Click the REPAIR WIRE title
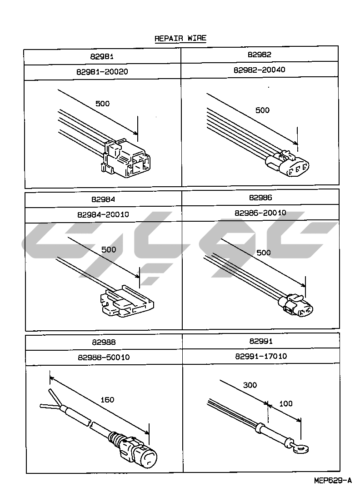pos(180,38)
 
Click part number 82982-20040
pos(260,70)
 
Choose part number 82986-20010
pos(260,213)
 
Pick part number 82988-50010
pos(103,357)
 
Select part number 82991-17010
pos(261,356)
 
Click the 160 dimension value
pos(107,400)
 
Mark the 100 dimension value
pos(286,403)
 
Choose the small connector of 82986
pos(300,308)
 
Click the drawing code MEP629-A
pos(332,480)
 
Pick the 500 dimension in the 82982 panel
pos(262,110)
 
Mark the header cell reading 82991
pos(261,341)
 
